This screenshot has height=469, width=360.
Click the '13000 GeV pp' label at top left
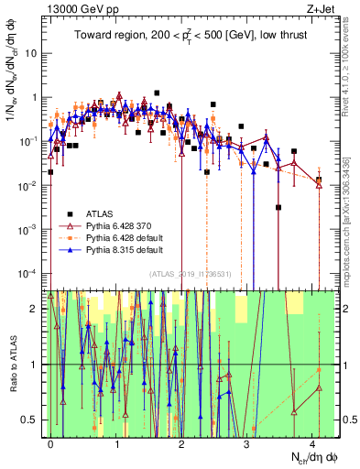coord(76,8)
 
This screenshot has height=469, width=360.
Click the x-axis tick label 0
coord(51,442)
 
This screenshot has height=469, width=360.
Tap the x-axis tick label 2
coord(181,442)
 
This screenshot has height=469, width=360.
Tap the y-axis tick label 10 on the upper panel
coord(34,53)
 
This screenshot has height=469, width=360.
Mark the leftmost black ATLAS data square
coord(51,171)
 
